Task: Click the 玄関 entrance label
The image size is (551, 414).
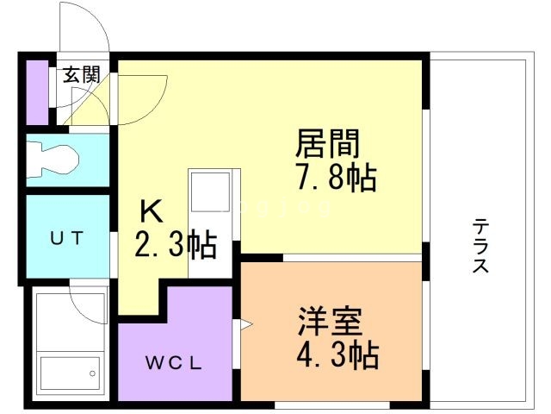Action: [x=80, y=75]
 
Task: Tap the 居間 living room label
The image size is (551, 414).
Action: [x=328, y=141]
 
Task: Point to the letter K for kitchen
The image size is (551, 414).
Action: [x=150, y=211]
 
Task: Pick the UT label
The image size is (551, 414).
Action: [x=66, y=238]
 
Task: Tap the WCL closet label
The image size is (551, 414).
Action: [x=172, y=362]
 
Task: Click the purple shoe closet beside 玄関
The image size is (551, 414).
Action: [x=36, y=91]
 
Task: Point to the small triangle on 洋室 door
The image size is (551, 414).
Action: [x=245, y=325]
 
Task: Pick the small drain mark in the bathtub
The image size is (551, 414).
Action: [x=90, y=373]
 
